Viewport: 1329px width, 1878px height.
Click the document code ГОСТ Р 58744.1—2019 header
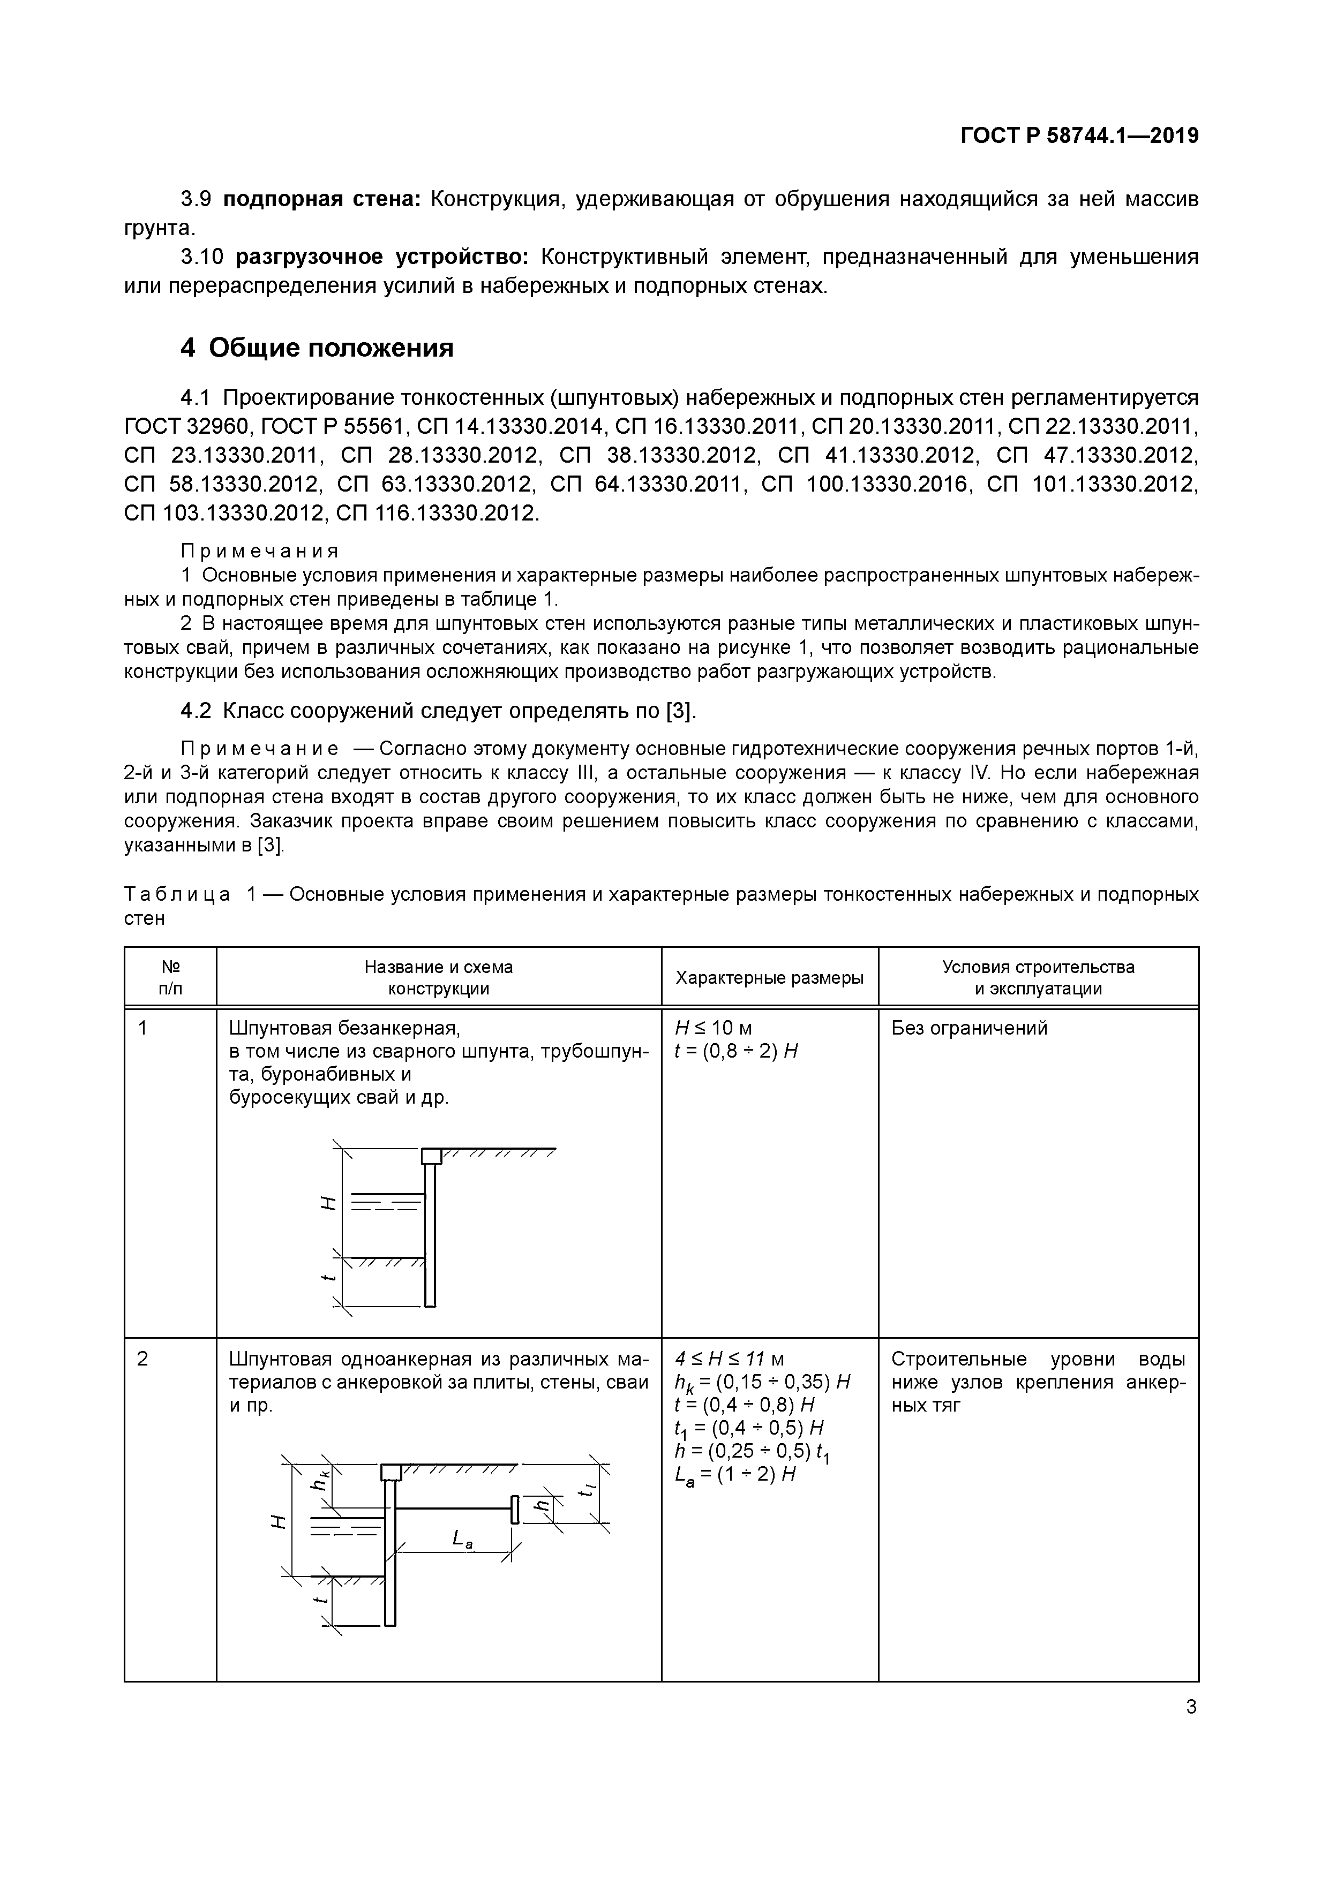[x=1079, y=137]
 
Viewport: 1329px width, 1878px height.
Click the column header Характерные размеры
[x=769, y=977]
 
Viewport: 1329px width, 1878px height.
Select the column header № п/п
[x=170, y=977]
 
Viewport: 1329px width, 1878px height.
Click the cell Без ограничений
[x=969, y=1028]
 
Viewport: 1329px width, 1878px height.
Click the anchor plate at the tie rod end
[x=515, y=1509]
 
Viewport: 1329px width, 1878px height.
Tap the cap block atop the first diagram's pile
[x=431, y=1156]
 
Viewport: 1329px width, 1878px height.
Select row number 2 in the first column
[x=143, y=1360]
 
